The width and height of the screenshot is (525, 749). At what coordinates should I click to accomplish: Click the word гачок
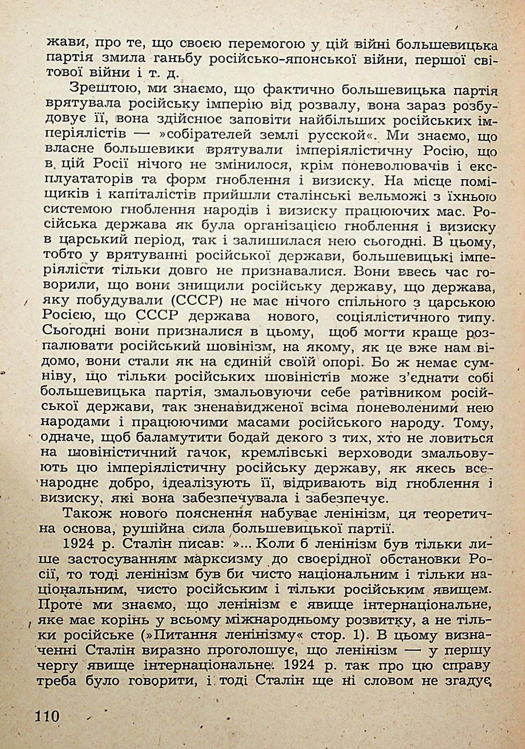pyautogui.click(x=201, y=453)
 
